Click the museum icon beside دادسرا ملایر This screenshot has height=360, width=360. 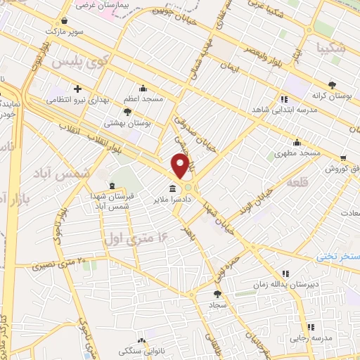(172, 189)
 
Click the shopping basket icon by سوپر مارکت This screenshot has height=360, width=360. (65, 21)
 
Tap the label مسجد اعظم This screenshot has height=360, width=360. (143, 99)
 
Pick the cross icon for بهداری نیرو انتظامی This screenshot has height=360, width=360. (78, 89)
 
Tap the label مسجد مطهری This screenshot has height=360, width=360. (298, 153)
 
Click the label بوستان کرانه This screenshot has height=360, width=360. (333, 94)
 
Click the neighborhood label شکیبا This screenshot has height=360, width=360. (330, 49)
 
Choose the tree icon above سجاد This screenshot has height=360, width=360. (216, 295)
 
